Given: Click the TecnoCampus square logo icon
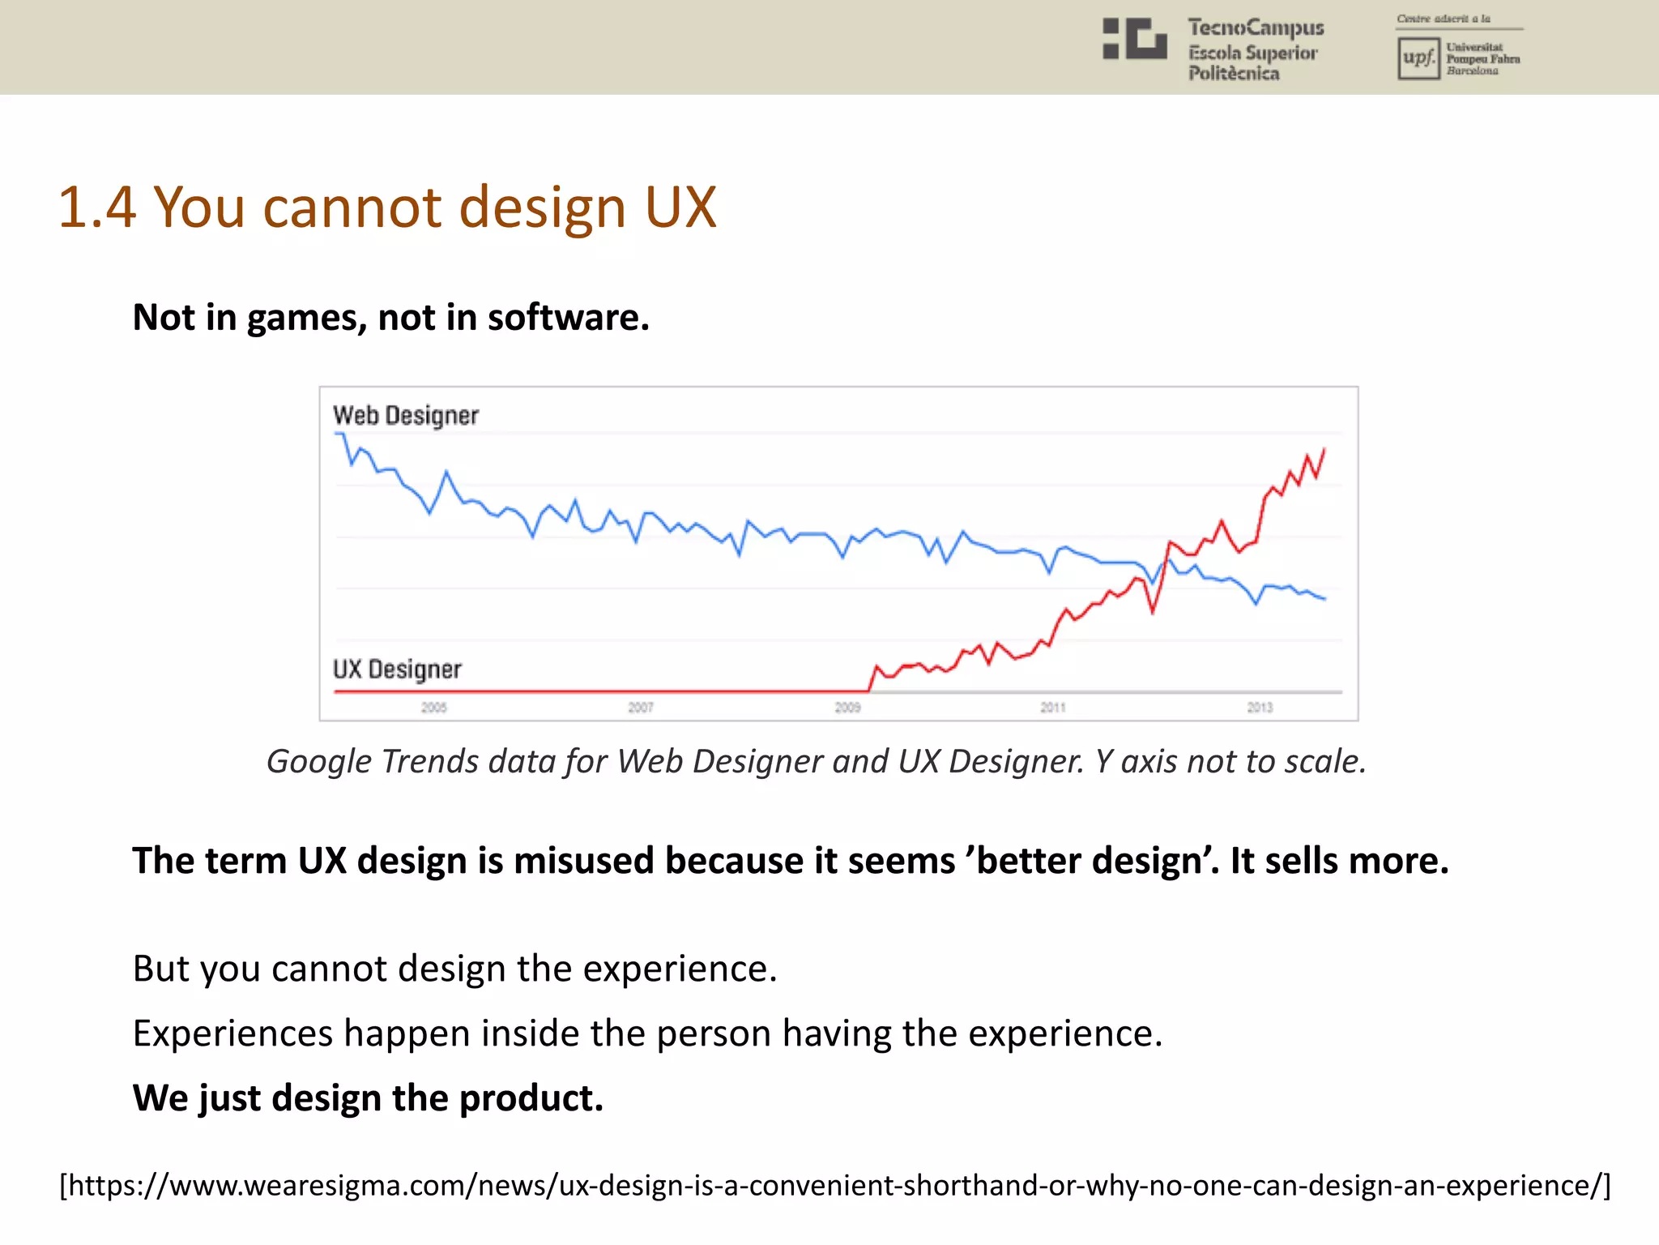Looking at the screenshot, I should coord(1134,39).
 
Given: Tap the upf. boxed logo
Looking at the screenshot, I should coord(1418,58).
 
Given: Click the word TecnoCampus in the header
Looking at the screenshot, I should coord(1256,28).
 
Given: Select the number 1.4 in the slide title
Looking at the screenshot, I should coord(96,207).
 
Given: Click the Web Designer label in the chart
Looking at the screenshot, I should coord(406,416).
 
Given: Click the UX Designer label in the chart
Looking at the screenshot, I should coord(397,670).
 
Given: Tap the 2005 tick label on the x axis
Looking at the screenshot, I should coord(434,708).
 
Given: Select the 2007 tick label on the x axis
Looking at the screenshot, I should coord(641,708).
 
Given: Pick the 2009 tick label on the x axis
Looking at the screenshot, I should coord(847,708).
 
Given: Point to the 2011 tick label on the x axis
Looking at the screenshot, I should coord(1053,708).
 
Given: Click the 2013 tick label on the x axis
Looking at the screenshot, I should coord(1260,708).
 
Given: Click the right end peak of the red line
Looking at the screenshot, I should coord(1324,449).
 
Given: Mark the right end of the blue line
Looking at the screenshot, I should coord(1324,599).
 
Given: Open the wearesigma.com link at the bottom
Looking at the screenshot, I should coord(834,1185).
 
